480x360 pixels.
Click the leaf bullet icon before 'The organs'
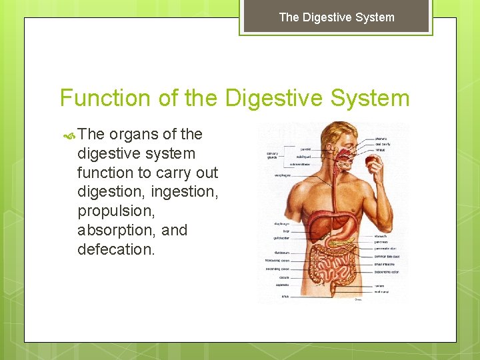click(69, 135)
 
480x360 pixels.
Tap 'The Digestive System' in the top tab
click(337, 17)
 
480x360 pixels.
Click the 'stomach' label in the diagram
click(381, 235)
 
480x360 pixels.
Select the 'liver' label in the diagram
click(278, 230)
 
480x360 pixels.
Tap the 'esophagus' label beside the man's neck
click(281, 175)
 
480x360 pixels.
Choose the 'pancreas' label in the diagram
click(381, 243)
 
